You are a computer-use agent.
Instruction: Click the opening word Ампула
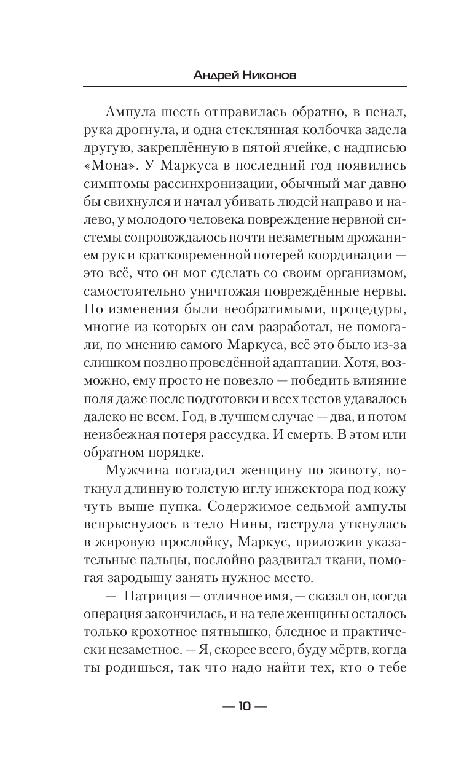[x=128, y=113]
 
